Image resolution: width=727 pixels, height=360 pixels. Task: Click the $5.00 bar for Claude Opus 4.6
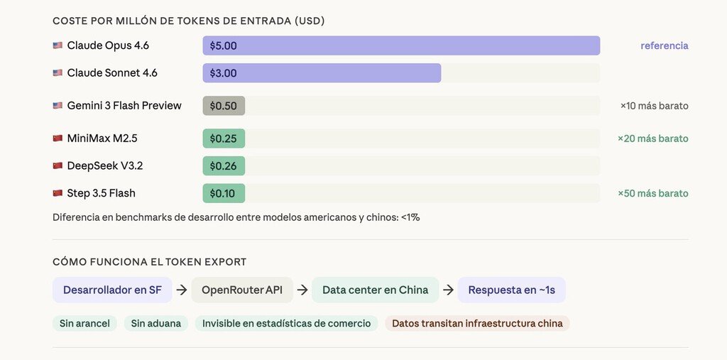[401, 45]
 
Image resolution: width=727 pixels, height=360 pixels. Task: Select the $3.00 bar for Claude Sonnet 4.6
[322, 73]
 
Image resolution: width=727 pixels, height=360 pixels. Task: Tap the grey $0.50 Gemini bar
[224, 106]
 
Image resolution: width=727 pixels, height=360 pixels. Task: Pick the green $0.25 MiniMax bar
[224, 138]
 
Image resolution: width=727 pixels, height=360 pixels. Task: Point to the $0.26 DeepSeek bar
[224, 166]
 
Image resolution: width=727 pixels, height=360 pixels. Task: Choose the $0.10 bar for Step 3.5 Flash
[224, 193]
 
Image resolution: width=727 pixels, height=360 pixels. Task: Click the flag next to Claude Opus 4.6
[58, 45]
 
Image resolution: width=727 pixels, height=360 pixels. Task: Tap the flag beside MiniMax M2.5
[58, 138]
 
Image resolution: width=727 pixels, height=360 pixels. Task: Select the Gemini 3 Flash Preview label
[124, 106]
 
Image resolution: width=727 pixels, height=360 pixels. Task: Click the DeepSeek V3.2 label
[104, 166]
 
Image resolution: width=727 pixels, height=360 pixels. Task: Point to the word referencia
[664, 45]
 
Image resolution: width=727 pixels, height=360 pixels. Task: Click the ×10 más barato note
[654, 106]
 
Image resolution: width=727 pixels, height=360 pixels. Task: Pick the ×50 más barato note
[652, 193]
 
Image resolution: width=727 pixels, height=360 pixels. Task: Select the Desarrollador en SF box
[112, 290]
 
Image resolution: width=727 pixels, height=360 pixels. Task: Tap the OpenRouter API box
[241, 290]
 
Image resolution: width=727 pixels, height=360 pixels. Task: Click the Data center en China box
[375, 290]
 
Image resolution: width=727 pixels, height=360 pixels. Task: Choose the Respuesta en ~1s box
[511, 290]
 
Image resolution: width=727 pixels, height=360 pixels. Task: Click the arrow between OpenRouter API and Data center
[302, 290]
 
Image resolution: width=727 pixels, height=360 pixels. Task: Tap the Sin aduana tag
[155, 324]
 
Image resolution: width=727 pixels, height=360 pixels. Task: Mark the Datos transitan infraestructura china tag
[477, 324]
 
